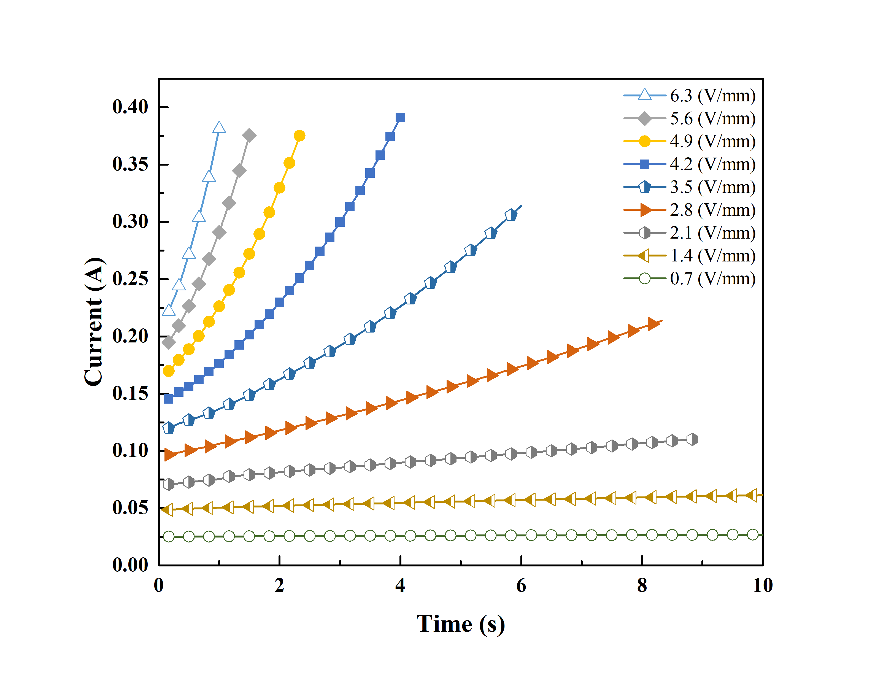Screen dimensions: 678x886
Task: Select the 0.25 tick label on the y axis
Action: tap(130, 279)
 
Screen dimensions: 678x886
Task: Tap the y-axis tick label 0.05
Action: tap(130, 508)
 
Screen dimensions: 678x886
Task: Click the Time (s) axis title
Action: tap(460, 624)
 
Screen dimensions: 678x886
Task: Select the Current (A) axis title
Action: tap(94, 322)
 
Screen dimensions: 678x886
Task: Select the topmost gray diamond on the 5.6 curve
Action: tap(249, 135)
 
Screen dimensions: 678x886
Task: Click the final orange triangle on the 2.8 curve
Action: tap(653, 324)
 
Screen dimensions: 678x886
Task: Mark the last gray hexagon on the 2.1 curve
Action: tap(692, 439)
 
